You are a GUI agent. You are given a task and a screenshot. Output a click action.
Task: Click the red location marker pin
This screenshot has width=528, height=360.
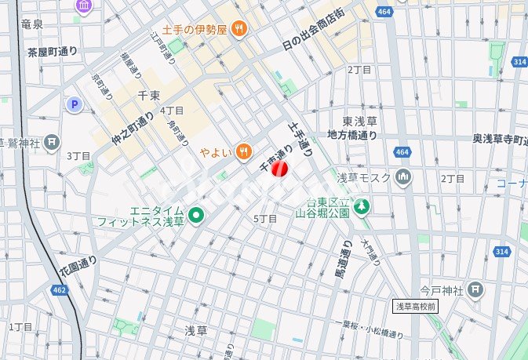tap(280, 169)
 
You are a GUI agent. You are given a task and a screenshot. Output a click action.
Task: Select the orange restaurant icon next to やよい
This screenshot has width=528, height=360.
tap(245, 151)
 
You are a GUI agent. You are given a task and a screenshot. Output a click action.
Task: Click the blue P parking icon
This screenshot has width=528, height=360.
tap(75, 104)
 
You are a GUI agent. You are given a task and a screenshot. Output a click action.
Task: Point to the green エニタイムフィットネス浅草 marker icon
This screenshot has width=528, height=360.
tap(196, 215)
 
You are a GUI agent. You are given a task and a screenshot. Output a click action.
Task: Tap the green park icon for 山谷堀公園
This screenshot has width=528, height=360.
tap(361, 208)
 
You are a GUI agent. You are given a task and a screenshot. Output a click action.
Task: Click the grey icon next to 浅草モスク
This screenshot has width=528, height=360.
tap(402, 176)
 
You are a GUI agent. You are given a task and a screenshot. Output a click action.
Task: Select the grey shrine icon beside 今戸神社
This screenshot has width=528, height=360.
tap(475, 289)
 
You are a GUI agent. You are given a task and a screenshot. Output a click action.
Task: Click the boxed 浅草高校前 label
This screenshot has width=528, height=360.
tap(416, 306)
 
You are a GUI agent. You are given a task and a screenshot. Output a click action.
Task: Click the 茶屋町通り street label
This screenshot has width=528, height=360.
tap(53, 52)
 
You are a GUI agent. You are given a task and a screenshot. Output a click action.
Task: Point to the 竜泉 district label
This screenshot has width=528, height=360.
tap(32, 25)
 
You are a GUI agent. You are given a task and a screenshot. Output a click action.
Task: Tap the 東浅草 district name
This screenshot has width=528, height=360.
tap(360, 122)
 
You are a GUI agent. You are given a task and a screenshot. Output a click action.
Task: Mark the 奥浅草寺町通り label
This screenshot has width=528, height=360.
tap(497, 139)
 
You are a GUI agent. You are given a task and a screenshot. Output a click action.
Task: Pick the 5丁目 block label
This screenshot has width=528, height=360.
tap(265, 219)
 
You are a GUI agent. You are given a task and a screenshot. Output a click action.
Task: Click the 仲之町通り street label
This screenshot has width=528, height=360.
tap(133, 130)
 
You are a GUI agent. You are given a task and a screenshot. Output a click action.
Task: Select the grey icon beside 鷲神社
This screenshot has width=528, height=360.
tap(53, 142)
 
